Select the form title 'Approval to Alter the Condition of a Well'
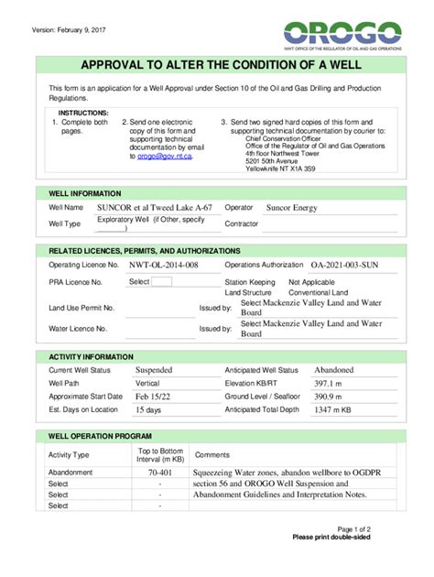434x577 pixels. point(218,67)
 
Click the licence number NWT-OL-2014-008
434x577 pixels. point(164,265)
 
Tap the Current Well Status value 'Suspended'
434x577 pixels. point(154,370)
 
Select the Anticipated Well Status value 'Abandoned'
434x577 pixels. point(333,370)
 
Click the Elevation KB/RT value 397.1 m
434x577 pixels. point(328,384)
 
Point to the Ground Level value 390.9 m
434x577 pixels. point(328,397)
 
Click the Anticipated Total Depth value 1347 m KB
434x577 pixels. point(332,410)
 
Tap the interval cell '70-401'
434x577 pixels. point(160,473)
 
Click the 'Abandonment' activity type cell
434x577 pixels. point(71,473)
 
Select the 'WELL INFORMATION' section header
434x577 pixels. point(84,194)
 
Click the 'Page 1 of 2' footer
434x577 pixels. point(353,529)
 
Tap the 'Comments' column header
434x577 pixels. point(212,455)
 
